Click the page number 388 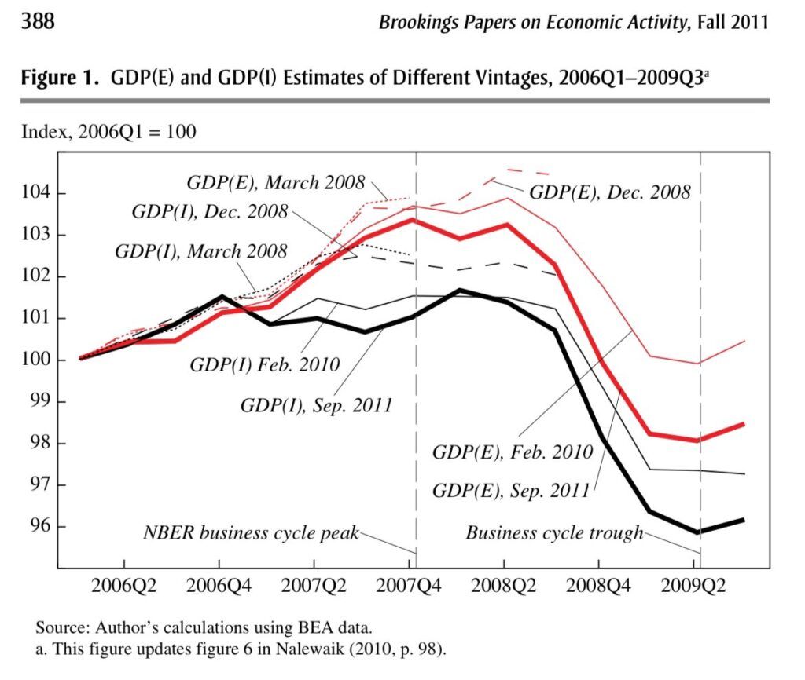[x=38, y=21]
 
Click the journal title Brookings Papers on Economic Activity [x=532, y=22]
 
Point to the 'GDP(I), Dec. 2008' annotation [x=210, y=211]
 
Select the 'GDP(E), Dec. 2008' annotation [x=609, y=192]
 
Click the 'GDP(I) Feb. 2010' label [x=264, y=365]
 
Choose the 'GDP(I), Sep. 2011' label [x=316, y=405]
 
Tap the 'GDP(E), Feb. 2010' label [x=512, y=452]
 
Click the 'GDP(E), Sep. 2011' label [x=511, y=491]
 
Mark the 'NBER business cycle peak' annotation [x=250, y=533]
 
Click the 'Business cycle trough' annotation [x=554, y=533]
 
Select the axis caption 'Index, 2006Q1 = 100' [x=108, y=131]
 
